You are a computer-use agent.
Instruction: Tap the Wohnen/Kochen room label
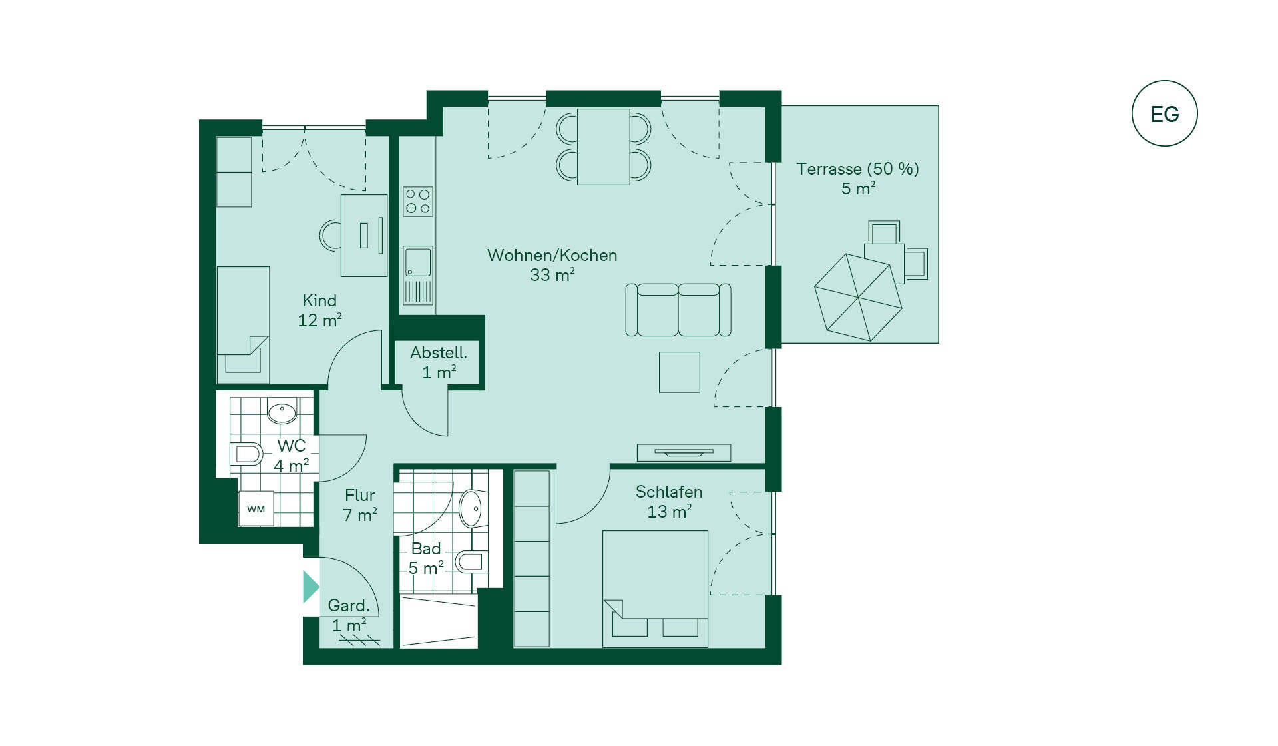(552, 255)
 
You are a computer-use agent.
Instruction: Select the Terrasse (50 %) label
(857, 169)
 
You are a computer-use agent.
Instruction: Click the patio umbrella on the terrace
(858, 298)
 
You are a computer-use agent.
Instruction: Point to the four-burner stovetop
(418, 202)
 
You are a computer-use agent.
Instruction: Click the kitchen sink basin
(418, 262)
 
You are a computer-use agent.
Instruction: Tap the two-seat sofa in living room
(678, 310)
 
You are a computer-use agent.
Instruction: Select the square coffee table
(680, 372)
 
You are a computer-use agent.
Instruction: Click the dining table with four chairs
(604, 147)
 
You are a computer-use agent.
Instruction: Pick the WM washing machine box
(256, 509)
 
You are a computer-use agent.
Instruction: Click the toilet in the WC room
(246, 454)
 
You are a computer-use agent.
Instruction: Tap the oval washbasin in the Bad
(471, 508)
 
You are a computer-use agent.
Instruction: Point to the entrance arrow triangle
(311, 587)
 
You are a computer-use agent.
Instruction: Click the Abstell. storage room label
(439, 352)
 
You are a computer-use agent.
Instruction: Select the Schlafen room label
(669, 492)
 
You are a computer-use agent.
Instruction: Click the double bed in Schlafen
(655, 589)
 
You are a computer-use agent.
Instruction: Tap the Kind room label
(319, 300)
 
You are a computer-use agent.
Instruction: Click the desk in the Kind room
(364, 235)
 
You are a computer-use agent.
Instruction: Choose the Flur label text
(360, 495)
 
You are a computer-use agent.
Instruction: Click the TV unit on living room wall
(684, 452)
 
